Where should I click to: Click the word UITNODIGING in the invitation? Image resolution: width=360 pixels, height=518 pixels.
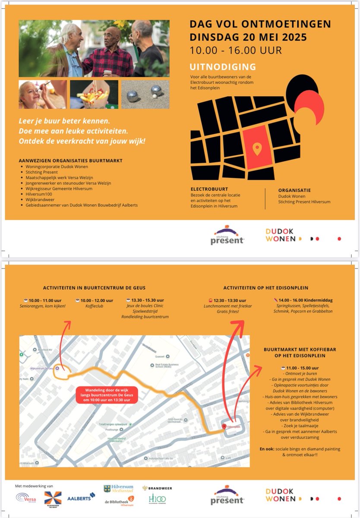tap(223, 67)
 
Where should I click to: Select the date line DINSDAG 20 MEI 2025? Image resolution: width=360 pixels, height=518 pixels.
tap(248, 37)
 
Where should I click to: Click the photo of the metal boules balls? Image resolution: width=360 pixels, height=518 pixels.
tap(145, 94)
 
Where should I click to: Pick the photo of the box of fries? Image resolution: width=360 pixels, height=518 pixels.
tap(94, 94)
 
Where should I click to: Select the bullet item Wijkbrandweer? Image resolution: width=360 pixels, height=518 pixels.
tap(38, 200)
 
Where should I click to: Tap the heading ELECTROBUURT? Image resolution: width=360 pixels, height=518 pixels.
tap(209, 190)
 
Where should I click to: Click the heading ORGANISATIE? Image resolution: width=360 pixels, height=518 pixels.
tap(294, 190)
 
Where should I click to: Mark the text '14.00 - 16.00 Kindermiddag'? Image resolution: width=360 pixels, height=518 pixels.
tap(305, 300)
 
